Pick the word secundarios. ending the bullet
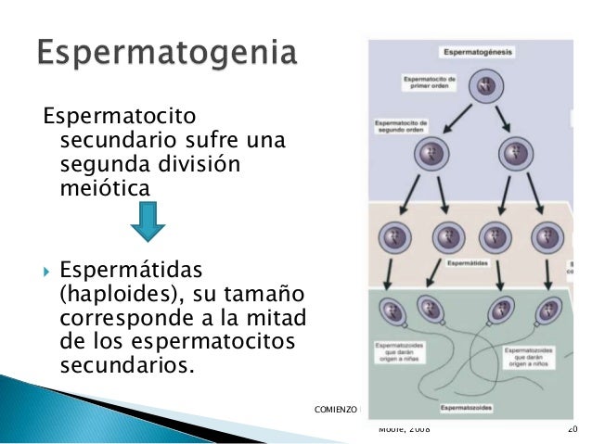pos(127,363)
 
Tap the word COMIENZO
pos(337,408)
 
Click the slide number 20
pos(572,429)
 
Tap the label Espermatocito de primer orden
pos(430,84)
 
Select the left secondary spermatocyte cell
pos(431,152)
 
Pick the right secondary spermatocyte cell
pos(513,152)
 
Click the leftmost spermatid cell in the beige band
pos(394,238)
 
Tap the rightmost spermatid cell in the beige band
pos(551,237)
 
